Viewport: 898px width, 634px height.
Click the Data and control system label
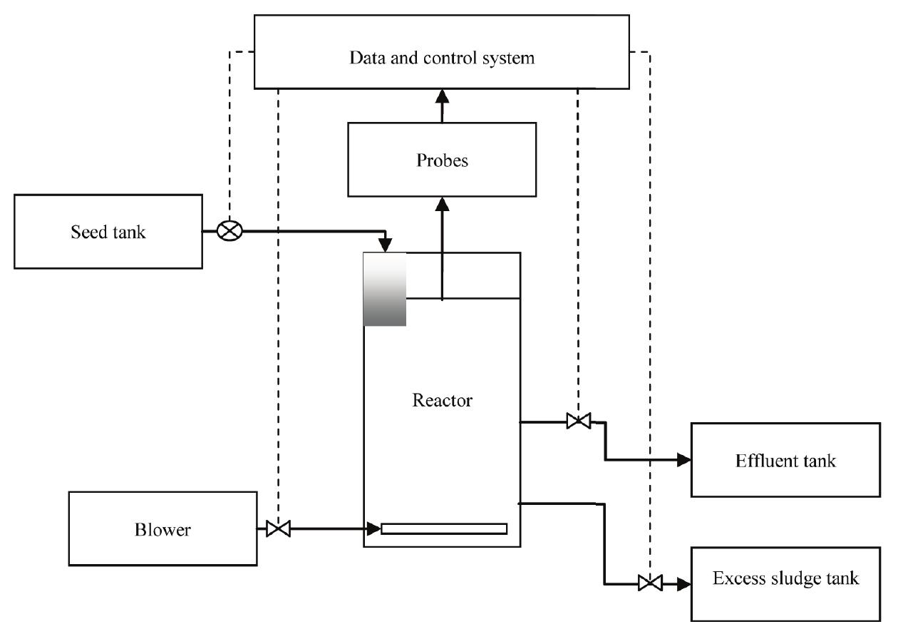441,58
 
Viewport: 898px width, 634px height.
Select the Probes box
441,160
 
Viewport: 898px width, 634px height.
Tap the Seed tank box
108,232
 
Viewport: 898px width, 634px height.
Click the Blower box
162,528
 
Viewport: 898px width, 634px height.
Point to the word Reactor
442,400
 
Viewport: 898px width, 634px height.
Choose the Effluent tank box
785,460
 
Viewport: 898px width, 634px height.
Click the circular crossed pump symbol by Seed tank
230,231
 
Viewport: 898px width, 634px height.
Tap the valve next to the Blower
278,529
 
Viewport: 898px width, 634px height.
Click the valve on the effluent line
578,421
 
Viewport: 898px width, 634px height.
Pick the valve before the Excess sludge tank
649,583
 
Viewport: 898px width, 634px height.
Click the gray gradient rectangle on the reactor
385,289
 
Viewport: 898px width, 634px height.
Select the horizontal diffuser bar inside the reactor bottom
444,528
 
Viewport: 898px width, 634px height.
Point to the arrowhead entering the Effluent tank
683,460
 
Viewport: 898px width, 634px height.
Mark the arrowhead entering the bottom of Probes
442,204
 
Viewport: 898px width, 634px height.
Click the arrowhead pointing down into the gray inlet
386,245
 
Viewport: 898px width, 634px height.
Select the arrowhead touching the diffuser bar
373,529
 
